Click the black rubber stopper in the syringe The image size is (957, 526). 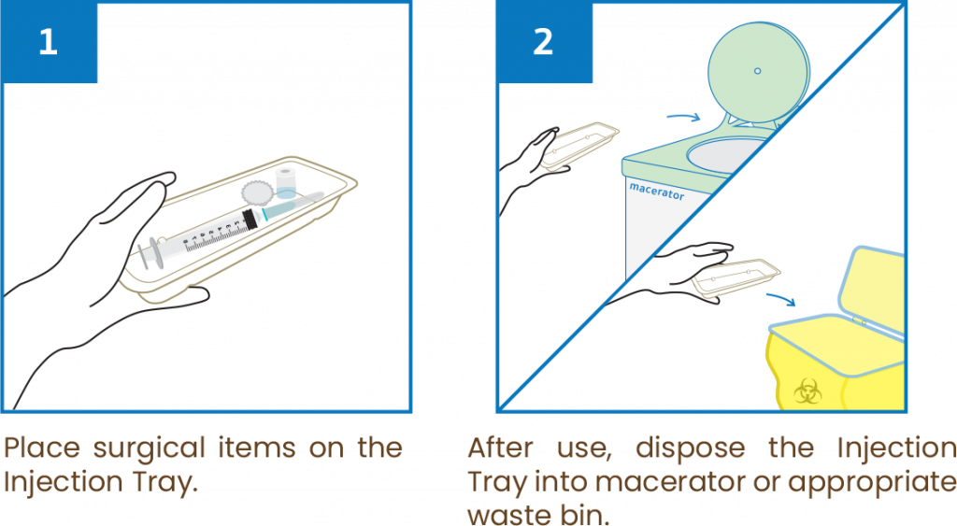250,220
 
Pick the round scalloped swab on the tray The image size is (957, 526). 256,192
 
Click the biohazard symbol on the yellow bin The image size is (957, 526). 806,391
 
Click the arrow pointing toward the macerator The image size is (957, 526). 682,118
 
